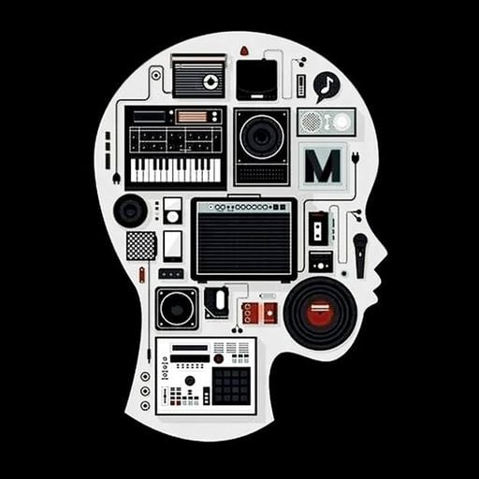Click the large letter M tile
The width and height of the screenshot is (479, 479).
click(323, 166)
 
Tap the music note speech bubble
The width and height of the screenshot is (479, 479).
click(327, 86)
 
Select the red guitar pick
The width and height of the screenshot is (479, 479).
click(244, 51)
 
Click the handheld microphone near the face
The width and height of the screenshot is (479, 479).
click(360, 255)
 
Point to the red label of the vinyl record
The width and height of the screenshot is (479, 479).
click(320, 312)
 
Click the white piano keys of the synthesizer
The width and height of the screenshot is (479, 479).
click(176, 170)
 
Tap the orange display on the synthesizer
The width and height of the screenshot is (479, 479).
click(192, 117)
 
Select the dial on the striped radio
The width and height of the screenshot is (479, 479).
click(210, 81)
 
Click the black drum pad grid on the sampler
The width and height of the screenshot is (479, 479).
click(231, 385)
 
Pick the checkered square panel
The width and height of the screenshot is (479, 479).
click(141, 246)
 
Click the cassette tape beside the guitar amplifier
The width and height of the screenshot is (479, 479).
click(318, 228)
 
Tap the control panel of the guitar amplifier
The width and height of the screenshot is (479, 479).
click(244, 207)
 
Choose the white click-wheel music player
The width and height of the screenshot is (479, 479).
click(172, 210)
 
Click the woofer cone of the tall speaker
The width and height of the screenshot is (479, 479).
click(262, 137)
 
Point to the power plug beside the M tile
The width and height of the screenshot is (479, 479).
click(356, 157)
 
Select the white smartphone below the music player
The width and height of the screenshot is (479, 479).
click(172, 246)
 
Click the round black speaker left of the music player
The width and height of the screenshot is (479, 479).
click(130, 210)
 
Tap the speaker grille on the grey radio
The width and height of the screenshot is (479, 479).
click(312, 122)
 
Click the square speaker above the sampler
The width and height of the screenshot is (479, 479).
click(177, 309)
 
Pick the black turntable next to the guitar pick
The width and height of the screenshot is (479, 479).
click(256, 80)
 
